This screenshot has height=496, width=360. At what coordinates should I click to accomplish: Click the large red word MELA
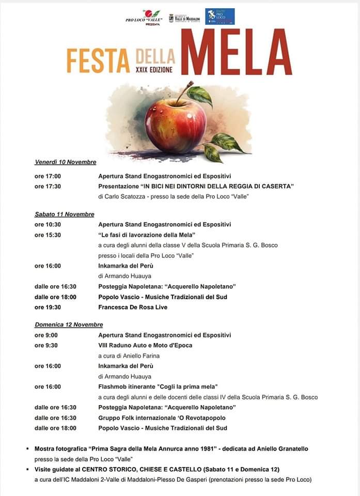(236, 52)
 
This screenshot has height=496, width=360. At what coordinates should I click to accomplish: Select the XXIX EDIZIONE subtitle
(154, 69)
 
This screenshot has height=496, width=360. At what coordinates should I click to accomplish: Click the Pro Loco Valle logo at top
(144, 16)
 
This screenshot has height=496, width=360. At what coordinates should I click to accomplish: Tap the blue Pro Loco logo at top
(220, 16)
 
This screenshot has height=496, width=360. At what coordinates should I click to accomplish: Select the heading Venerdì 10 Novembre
(66, 162)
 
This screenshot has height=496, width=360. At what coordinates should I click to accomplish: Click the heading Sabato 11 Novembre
(65, 214)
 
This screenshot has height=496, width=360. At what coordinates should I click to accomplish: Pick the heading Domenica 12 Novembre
(69, 324)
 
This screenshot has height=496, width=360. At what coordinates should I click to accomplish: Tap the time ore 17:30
(48, 187)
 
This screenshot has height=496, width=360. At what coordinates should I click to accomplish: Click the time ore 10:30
(48, 224)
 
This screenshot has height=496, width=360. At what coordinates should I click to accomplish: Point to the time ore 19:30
(48, 307)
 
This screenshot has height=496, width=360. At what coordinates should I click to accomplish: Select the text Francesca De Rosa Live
(133, 307)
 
